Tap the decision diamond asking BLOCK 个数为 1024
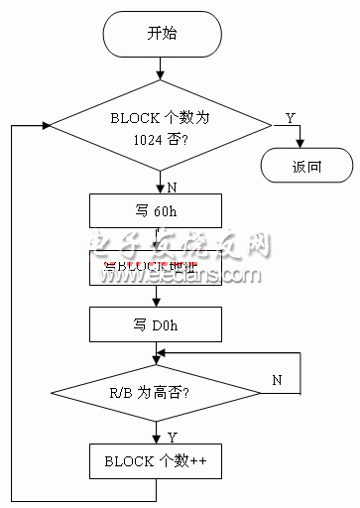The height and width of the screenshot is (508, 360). point(159,125)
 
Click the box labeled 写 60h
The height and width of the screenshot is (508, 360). point(159,210)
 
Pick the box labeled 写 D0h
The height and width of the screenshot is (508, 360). point(159,323)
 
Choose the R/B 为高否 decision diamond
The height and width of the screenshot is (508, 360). point(159,394)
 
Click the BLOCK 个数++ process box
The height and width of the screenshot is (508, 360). point(159,462)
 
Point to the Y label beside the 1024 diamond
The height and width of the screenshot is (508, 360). point(291,117)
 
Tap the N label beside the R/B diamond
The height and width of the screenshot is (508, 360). point(278,378)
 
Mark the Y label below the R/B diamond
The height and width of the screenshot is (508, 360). point(172,436)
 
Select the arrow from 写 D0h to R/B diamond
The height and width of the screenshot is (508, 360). point(159,350)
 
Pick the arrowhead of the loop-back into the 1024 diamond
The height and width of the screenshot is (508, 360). point(44,126)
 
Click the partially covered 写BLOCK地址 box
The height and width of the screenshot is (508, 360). point(159,267)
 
